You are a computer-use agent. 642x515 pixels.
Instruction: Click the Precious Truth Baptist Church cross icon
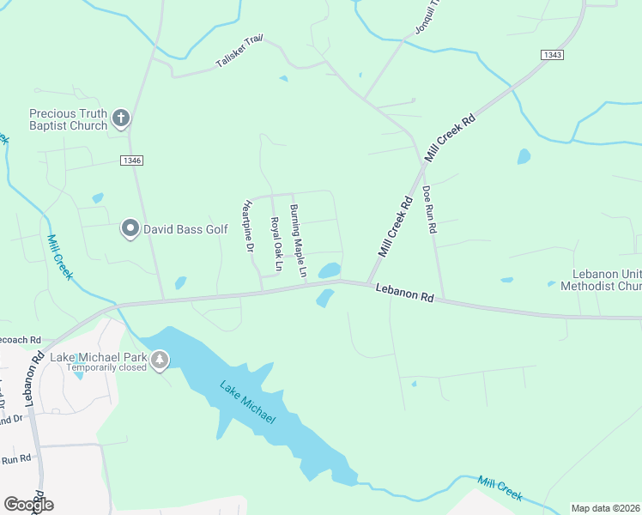(x=121, y=118)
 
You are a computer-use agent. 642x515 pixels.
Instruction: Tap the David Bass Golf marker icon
(x=130, y=228)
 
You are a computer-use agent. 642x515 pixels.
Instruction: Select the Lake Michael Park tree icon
(x=159, y=361)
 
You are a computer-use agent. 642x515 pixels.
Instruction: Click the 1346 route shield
(x=132, y=161)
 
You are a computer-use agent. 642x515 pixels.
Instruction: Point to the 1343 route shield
(x=553, y=54)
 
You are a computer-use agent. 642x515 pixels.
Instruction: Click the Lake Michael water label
(x=247, y=402)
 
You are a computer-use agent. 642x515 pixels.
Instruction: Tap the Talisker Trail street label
(x=239, y=53)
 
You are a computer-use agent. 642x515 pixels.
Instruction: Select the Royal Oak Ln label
(x=276, y=244)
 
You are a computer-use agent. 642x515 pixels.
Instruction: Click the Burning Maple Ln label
(x=298, y=241)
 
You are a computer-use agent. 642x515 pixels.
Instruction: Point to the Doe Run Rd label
(x=430, y=211)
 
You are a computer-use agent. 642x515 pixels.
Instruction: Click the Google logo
(x=28, y=505)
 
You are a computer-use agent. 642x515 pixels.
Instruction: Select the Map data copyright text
(x=606, y=507)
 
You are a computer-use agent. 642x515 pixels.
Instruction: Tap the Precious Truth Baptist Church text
(x=68, y=119)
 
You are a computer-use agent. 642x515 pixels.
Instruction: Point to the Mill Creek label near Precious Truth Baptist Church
(x=60, y=257)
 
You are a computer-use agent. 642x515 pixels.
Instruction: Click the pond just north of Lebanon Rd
(x=329, y=270)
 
